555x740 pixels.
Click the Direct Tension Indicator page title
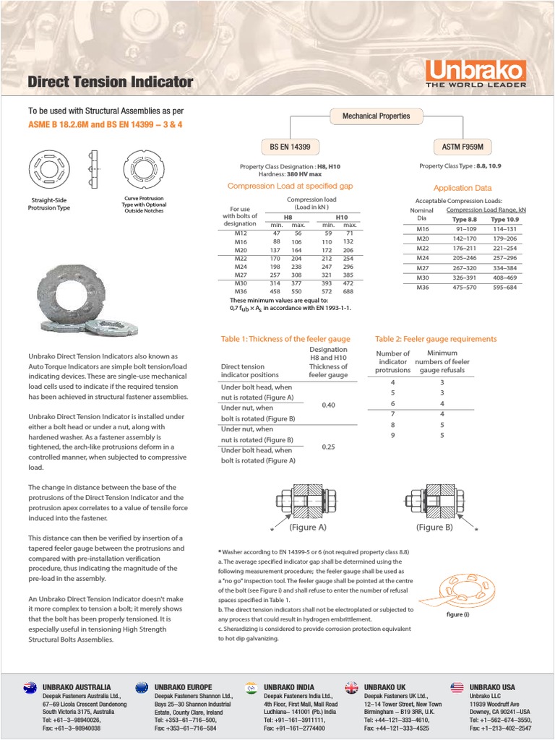point(110,82)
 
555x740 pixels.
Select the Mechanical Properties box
point(376,116)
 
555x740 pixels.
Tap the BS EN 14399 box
point(290,147)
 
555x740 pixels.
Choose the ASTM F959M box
point(462,147)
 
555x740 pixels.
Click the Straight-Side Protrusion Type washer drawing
point(50,166)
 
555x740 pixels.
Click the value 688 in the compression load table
point(349,291)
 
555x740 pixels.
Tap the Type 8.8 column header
point(465,219)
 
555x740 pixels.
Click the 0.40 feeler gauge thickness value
point(328,405)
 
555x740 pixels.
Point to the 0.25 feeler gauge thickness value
point(328,447)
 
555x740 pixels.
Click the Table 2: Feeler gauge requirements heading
point(436,338)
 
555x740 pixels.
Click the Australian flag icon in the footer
point(30,687)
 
